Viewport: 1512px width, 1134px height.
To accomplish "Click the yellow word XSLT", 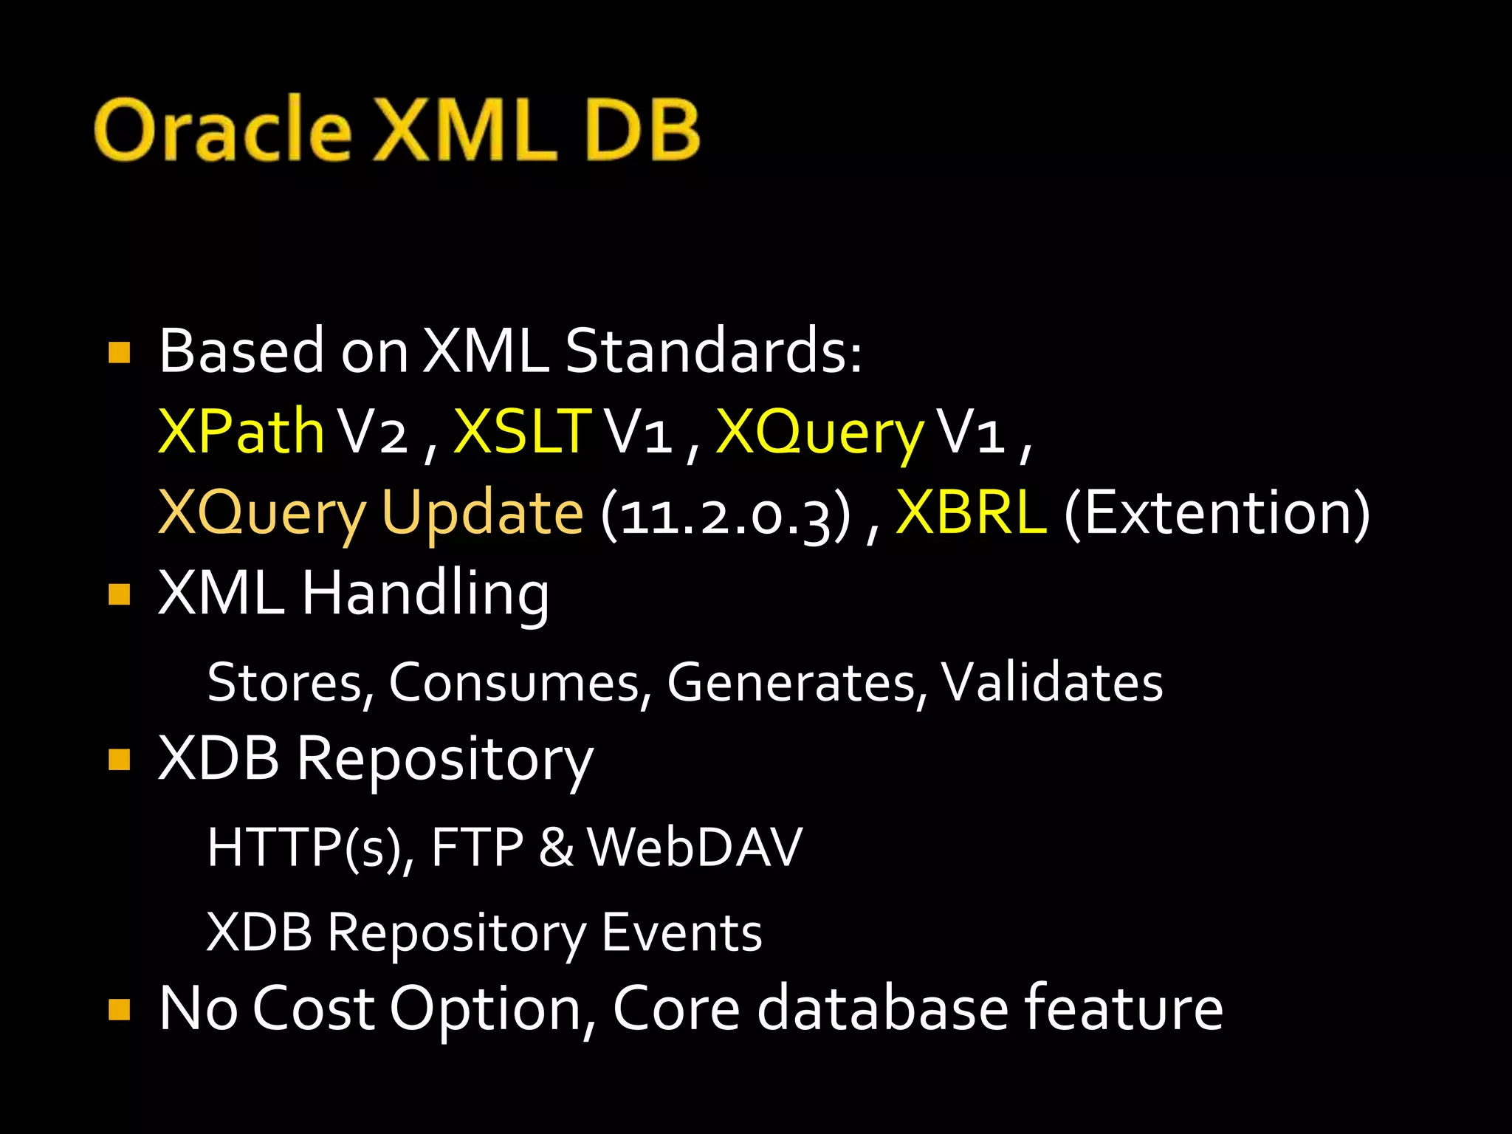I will pos(523,431).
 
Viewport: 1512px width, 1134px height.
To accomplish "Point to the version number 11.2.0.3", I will pos(726,514).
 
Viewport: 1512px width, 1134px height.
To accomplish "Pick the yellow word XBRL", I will pos(971,512).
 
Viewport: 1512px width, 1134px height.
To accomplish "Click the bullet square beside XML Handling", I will pos(119,595).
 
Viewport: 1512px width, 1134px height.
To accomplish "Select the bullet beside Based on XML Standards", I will pos(119,352).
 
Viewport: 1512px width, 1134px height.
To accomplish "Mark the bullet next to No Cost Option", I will pos(119,1009).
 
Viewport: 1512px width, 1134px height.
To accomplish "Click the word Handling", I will pos(425,595).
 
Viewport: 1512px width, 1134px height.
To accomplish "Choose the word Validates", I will pos(1051,682).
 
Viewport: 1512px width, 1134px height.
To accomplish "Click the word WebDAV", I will pos(695,847).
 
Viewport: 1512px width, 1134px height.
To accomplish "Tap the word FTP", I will pos(477,847).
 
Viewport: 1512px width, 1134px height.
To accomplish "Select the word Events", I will pos(681,932).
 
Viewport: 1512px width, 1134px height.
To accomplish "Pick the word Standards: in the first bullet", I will pos(713,351).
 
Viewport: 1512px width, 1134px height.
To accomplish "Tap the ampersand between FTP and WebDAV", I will pos(556,848).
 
